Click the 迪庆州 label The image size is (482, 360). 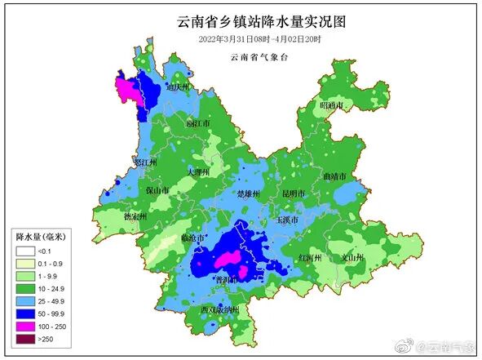click(x=177, y=86)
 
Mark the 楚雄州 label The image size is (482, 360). click(x=247, y=194)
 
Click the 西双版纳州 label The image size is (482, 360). click(x=219, y=309)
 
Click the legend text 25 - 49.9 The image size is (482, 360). click(x=54, y=300)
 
